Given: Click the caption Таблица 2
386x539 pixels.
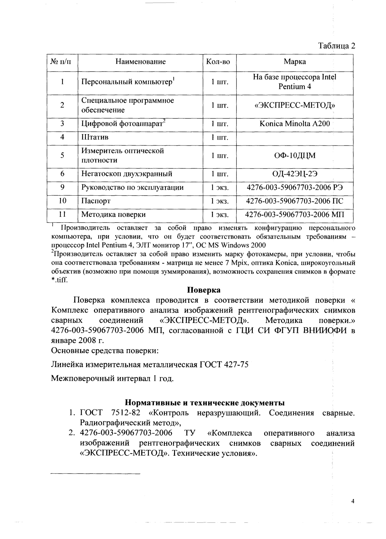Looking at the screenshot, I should point(337,46).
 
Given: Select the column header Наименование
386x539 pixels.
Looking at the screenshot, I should point(140,62).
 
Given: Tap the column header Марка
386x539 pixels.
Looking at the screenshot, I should point(295,62).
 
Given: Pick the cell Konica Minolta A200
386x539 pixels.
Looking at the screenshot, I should point(295,124).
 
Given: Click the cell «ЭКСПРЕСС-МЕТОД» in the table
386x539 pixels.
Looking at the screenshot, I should point(295,105).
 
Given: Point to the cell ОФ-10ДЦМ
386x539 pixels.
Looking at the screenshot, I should point(295,156).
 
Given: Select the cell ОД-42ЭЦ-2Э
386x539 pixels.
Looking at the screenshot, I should point(295,174).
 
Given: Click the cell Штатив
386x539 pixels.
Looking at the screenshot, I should point(95,137).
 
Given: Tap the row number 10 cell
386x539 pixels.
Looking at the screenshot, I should point(62,201).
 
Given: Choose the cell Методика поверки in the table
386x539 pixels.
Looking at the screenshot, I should point(113,214).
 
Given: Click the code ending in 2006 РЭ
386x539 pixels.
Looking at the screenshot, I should point(295,188).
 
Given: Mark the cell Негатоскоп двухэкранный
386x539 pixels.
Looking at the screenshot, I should point(126,174).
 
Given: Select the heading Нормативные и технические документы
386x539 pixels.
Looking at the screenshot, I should point(205,403).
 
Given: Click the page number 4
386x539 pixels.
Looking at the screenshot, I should point(353,502).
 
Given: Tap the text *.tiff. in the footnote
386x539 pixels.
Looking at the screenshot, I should point(60,280).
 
